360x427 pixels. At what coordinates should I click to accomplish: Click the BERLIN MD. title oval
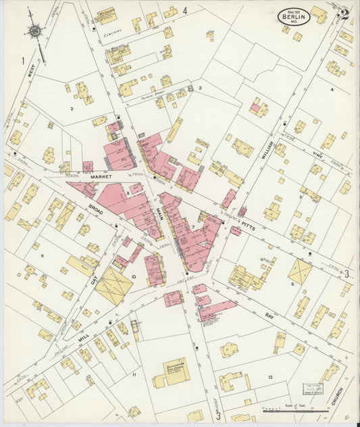coord(294,16)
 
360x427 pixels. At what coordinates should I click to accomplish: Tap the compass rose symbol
coord(34,30)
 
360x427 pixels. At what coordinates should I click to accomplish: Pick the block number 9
coord(42,255)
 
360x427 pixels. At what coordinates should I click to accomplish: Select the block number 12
coord(270,376)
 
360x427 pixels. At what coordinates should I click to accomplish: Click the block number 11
coord(134,374)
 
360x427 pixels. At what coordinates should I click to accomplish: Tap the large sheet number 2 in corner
coord(343,14)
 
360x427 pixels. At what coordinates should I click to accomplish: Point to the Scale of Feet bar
coord(286,409)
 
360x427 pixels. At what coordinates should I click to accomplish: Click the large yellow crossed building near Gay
coord(113,286)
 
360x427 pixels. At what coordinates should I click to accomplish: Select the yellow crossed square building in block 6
coord(301,272)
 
